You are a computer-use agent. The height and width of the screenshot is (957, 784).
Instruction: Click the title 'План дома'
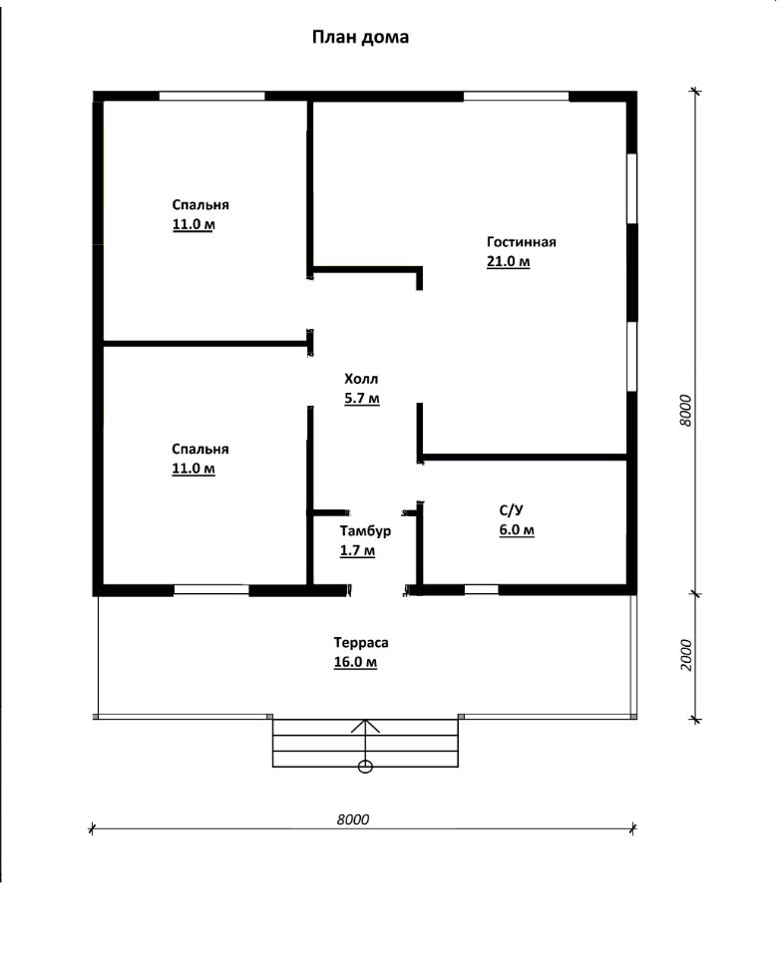(x=360, y=37)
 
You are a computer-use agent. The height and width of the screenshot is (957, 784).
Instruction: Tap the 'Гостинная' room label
(x=522, y=241)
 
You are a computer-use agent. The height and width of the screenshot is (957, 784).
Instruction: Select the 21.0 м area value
(x=508, y=261)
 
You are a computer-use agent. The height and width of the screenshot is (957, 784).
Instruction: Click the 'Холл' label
(x=361, y=379)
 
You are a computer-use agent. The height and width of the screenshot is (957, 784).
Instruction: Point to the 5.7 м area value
(x=362, y=398)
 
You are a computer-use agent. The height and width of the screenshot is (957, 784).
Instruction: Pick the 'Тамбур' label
(x=365, y=531)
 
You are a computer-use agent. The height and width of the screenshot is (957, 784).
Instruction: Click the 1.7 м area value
(x=357, y=550)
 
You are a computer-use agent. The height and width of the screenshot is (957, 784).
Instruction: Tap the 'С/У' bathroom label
(x=511, y=510)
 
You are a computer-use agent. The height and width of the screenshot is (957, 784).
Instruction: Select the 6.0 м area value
(x=517, y=529)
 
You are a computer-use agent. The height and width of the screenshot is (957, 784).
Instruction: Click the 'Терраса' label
(x=361, y=643)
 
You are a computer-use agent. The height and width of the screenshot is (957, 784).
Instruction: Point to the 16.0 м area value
(x=355, y=662)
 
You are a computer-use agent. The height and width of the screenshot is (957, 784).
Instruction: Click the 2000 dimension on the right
(x=686, y=655)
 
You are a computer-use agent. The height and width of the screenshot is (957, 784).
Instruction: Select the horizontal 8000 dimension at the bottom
(x=353, y=819)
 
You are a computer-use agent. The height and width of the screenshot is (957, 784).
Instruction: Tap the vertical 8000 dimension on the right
(x=685, y=410)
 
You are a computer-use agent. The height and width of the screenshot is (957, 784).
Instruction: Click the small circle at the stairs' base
(x=365, y=768)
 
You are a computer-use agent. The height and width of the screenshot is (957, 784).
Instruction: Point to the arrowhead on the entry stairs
(x=365, y=725)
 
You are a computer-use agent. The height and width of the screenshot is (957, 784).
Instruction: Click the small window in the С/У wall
(x=481, y=589)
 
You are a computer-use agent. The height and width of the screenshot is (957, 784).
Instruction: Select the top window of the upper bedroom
(x=211, y=96)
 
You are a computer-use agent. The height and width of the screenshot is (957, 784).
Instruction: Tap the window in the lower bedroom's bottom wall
(x=211, y=589)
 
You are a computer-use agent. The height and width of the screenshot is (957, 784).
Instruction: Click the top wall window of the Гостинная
(x=516, y=96)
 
